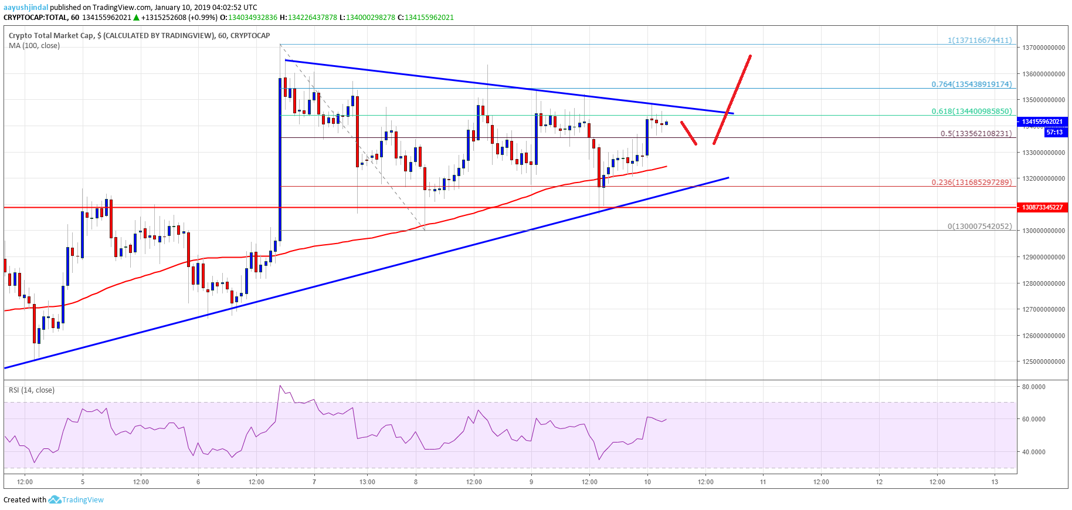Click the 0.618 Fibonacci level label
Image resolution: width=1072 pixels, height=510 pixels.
click(971, 111)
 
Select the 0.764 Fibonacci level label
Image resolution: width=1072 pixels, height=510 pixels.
click(971, 84)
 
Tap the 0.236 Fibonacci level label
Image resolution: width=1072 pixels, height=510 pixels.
click(971, 182)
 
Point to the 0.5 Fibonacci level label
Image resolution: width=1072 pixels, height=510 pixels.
click(976, 133)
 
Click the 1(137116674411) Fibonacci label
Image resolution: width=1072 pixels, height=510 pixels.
click(979, 40)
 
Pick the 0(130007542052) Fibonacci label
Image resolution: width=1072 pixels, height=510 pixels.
click(979, 226)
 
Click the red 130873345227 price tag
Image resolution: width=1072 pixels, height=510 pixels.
click(1042, 207)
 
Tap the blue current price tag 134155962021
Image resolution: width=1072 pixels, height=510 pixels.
click(1042, 121)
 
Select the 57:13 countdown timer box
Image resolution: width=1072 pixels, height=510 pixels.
click(1054, 132)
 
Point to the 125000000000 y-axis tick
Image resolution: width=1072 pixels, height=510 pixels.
click(1043, 362)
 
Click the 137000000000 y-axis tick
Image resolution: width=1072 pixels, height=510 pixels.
click(1043, 48)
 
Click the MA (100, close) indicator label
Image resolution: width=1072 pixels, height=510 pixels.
click(34, 45)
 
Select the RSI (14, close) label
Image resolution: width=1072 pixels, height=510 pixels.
click(32, 390)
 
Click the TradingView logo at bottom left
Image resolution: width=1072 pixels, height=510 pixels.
click(76, 499)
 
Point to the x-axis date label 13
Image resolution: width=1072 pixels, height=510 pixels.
click(995, 482)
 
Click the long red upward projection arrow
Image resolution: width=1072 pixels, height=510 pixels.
click(732, 100)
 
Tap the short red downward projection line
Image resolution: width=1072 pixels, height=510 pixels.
click(688, 133)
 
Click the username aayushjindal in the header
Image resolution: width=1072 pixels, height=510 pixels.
click(26, 7)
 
